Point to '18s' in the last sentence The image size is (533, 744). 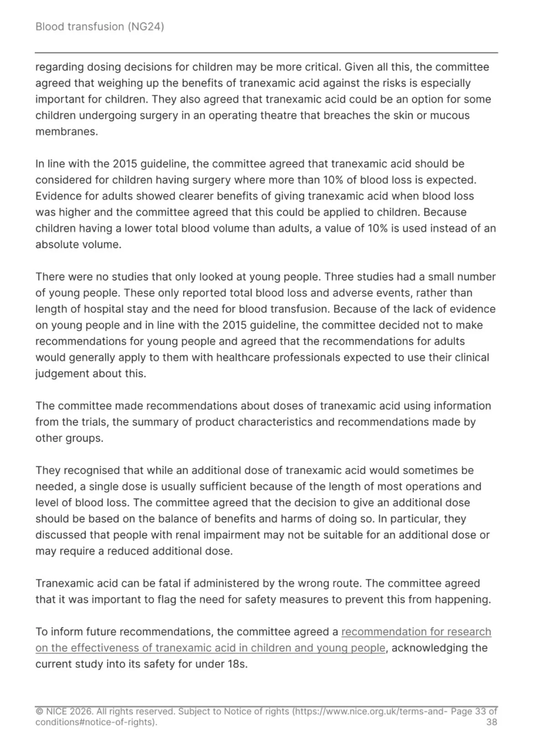[237, 664]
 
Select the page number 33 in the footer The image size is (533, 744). [480, 711]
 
